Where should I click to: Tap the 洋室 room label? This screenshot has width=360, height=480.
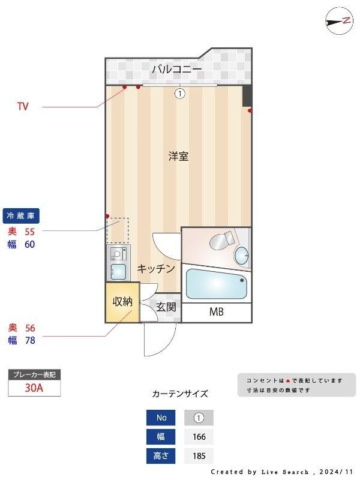coord(178,157)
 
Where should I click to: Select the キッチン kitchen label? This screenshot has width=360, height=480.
coord(156,269)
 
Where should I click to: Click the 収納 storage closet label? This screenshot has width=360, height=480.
coord(122,301)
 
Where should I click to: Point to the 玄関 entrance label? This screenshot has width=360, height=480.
coord(166,307)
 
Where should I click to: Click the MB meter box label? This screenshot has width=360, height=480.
coord(216,312)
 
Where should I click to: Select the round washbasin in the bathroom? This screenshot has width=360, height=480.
coord(242,256)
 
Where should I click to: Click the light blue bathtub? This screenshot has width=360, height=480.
coord(217,284)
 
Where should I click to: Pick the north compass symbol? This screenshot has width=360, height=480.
coord(339,21)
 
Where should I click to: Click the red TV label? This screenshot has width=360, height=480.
coord(23,107)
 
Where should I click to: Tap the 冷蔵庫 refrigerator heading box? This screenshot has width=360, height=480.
coord(25,216)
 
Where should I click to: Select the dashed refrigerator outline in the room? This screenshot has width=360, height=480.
coord(118,230)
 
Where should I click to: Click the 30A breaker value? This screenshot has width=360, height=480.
coord(34,388)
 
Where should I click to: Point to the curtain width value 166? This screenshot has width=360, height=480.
coord(199,437)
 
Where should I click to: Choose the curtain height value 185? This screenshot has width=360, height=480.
coord(199,456)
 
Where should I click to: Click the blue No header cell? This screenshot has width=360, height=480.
coord(161,418)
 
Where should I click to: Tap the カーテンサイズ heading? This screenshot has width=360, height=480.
coord(180,394)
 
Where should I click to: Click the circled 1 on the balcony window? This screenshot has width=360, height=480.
coord(179,93)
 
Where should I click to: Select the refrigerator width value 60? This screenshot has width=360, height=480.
coord(30,244)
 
